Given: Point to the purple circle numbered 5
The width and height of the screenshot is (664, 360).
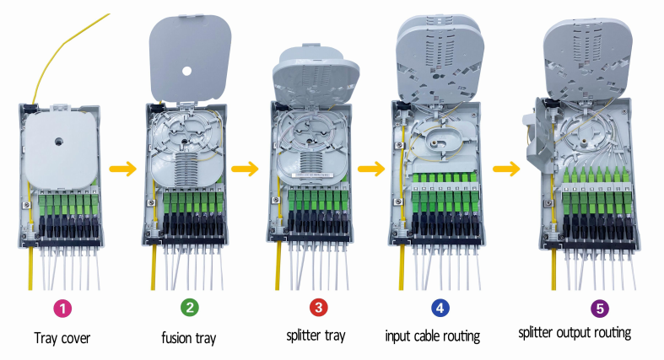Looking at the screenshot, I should [574, 307].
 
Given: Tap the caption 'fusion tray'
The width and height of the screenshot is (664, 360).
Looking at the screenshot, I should [189, 338].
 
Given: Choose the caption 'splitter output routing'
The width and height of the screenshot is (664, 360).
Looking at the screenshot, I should [575, 332].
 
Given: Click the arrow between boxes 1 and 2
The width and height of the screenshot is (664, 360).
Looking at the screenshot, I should [125, 169].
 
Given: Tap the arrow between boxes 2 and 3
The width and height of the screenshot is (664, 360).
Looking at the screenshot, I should [245, 169].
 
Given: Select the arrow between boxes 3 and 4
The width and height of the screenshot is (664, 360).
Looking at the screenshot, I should [371, 169].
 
